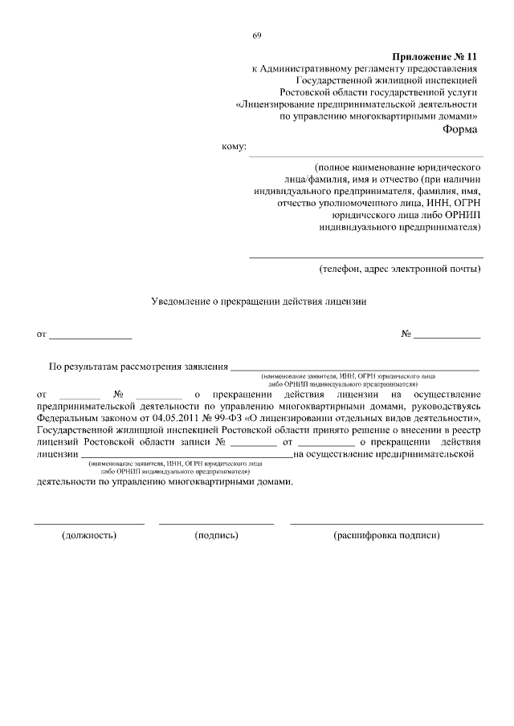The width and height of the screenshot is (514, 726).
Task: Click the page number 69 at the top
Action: (x=257, y=34)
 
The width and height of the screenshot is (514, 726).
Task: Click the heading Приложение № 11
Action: (x=434, y=58)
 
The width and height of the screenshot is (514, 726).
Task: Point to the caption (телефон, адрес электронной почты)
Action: (x=399, y=268)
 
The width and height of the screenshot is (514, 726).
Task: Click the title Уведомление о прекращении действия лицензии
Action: (x=259, y=302)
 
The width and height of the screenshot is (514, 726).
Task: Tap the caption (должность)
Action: (x=89, y=535)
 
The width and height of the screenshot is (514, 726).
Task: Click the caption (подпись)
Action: (x=217, y=535)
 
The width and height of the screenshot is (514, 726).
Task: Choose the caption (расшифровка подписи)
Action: (x=387, y=535)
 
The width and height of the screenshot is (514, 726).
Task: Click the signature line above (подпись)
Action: (x=216, y=523)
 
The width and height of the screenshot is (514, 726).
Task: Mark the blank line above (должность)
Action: (x=89, y=523)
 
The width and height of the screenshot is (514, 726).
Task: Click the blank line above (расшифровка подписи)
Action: (x=386, y=523)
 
